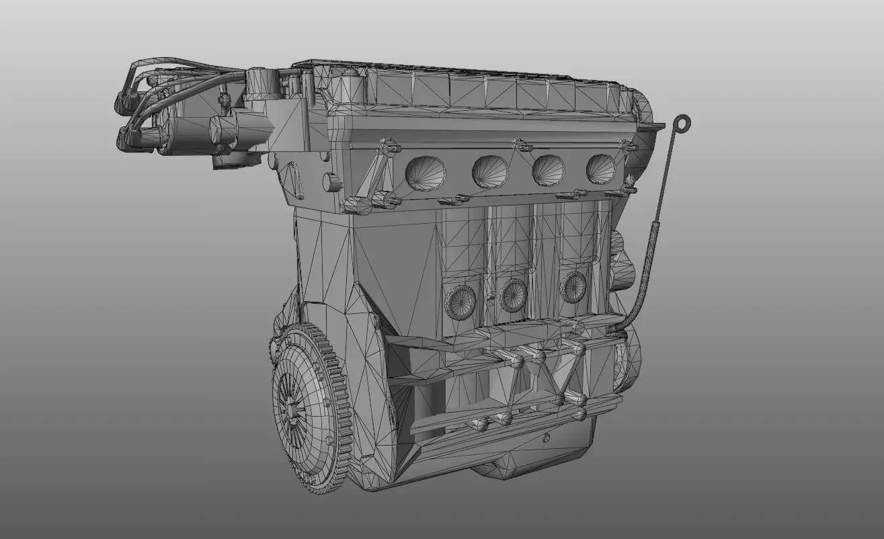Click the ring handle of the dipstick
tap(683, 123)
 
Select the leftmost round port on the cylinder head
tap(425, 172)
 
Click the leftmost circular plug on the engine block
tap(460, 299)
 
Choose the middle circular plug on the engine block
tap(513, 294)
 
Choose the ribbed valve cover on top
tap(484, 91)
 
